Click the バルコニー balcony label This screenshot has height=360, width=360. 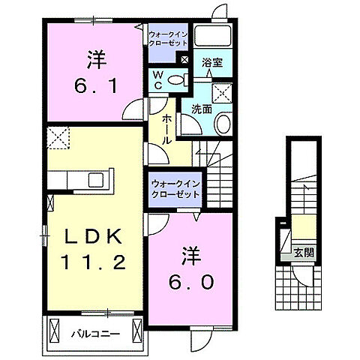(94, 331)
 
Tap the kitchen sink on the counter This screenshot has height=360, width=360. (96, 180)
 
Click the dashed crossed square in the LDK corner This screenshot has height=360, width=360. (58, 139)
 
